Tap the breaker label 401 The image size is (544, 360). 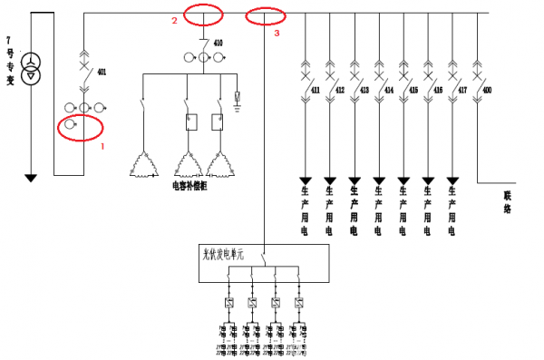(x=101, y=71)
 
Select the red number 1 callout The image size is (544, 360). (x=103, y=145)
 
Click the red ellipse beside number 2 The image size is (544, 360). (x=203, y=15)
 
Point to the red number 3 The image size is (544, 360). (x=277, y=33)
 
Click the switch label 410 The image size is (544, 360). (x=218, y=44)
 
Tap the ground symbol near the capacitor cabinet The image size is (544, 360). (x=238, y=96)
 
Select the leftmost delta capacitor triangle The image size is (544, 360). (x=141, y=163)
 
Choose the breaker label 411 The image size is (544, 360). (x=315, y=92)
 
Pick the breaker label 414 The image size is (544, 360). (x=388, y=92)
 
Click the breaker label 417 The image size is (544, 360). (x=462, y=92)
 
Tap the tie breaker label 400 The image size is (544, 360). (x=487, y=92)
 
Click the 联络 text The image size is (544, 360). (x=508, y=201)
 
